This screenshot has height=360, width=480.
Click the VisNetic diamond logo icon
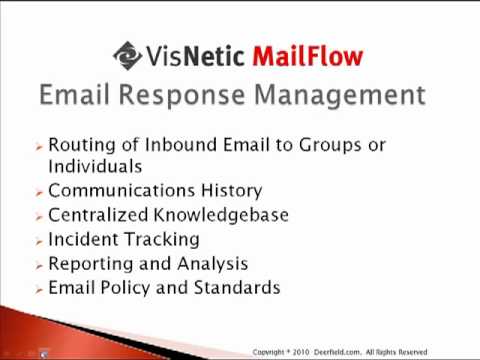tap(128, 56)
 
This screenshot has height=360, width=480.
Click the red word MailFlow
tap(308, 56)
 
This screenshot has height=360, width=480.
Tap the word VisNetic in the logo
tap(195, 56)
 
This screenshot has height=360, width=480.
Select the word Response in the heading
tap(182, 95)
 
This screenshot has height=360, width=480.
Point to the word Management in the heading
tap(340, 95)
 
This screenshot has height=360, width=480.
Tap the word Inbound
tap(181, 145)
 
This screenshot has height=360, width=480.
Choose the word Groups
tap(330, 146)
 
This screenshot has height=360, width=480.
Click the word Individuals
tap(95, 166)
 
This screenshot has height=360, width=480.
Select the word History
tap(232, 191)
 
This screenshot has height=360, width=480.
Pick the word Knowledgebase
tap(221, 215)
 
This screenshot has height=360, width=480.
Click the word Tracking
tap(162, 240)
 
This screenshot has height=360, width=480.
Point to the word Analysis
tap(213, 264)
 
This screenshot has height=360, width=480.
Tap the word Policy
tap(125, 288)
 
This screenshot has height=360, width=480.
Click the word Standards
tap(237, 287)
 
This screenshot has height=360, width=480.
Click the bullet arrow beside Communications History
tap(40, 193)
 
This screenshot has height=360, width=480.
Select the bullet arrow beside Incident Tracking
tap(40, 242)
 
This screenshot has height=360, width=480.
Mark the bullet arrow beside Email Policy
tap(40, 290)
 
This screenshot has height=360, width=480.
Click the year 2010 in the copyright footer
tap(301, 352)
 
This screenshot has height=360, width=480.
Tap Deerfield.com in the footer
tap(337, 352)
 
